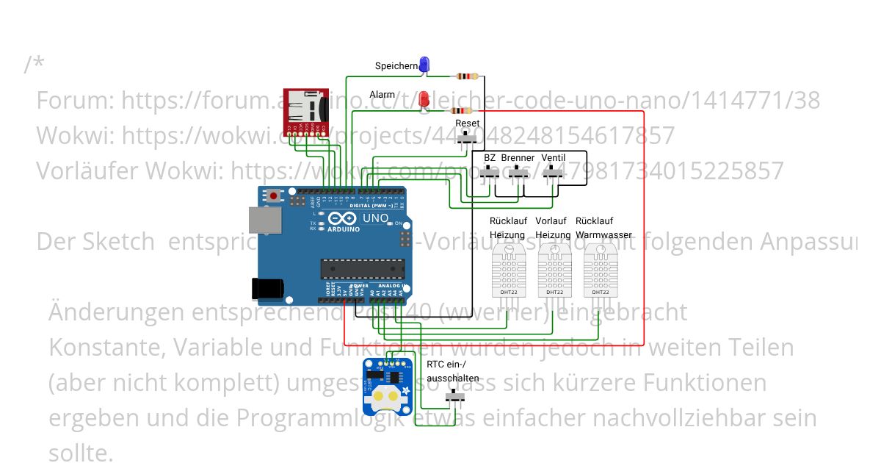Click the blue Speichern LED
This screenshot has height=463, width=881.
424,65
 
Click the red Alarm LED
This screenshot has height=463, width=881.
424,98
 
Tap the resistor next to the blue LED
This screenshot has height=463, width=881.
466,76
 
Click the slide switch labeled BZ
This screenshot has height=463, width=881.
490,172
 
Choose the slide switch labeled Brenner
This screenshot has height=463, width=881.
520,172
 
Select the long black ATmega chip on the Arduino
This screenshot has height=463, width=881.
362,270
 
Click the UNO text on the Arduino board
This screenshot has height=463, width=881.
376,218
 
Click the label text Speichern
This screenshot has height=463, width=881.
396,66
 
